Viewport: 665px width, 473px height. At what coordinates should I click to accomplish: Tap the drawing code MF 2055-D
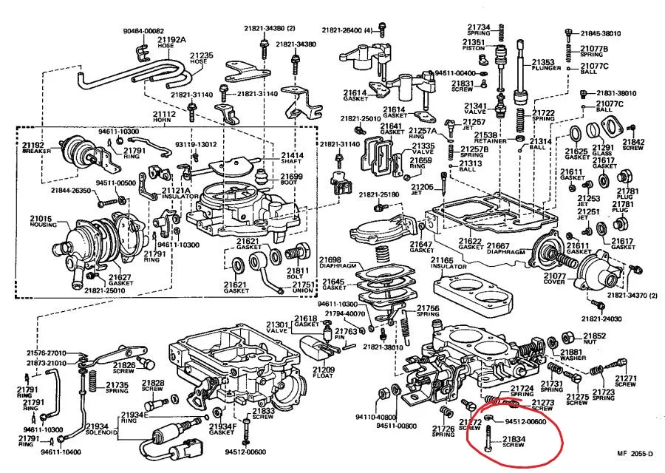636,454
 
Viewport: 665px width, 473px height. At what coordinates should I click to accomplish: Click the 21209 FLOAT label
323,372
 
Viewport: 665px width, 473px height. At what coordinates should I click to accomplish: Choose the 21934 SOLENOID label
95,430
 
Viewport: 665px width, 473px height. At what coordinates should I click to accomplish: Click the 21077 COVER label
553,279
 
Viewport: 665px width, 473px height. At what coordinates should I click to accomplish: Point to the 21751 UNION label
304,288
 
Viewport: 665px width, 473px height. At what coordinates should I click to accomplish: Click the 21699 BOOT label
291,180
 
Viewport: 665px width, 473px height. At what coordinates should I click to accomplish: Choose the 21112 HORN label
164,117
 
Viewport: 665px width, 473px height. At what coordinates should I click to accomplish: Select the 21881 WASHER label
572,356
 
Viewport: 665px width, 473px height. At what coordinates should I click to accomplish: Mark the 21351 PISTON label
474,46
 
